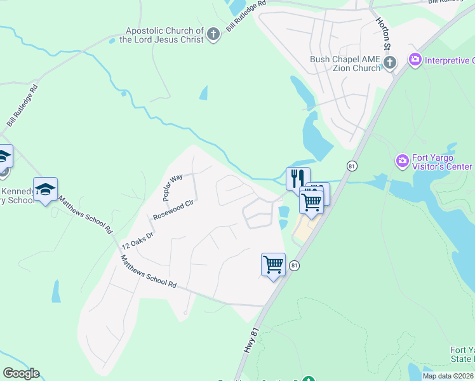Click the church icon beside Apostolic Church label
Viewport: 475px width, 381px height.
pyautogui.click(x=213, y=34)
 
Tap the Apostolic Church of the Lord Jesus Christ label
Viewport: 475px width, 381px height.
pyautogui.click(x=164, y=35)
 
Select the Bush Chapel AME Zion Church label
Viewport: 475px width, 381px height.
pyautogui.click(x=345, y=63)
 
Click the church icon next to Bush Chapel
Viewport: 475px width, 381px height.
pyautogui.click(x=390, y=62)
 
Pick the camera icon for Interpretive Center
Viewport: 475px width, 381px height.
pyautogui.click(x=415, y=60)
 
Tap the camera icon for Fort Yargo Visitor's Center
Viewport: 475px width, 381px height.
pyautogui.click(x=401, y=161)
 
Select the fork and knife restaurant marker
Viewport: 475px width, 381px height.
pyautogui.click(x=298, y=178)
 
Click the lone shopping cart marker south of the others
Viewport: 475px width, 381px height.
pyautogui.click(x=273, y=264)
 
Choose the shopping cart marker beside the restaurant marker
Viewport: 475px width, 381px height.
pyautogui.click(x=311, y=201)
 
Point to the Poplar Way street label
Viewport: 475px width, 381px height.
pyautogui.click(x=172, y=187)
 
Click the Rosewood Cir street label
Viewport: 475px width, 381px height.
pyautogui.click(x=172, y=210)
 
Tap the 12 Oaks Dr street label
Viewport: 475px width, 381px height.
pyautogui.click(x=138, y=236)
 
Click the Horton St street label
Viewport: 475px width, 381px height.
pyautogui.click(x=384, y=32)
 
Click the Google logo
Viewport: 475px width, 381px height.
pyautogui.click(x=21, y=373)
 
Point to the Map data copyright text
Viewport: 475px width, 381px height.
pyautogui.click(x=448, y=376)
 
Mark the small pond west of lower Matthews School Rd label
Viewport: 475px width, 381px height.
pyautogui.click(x=56, y=291)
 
